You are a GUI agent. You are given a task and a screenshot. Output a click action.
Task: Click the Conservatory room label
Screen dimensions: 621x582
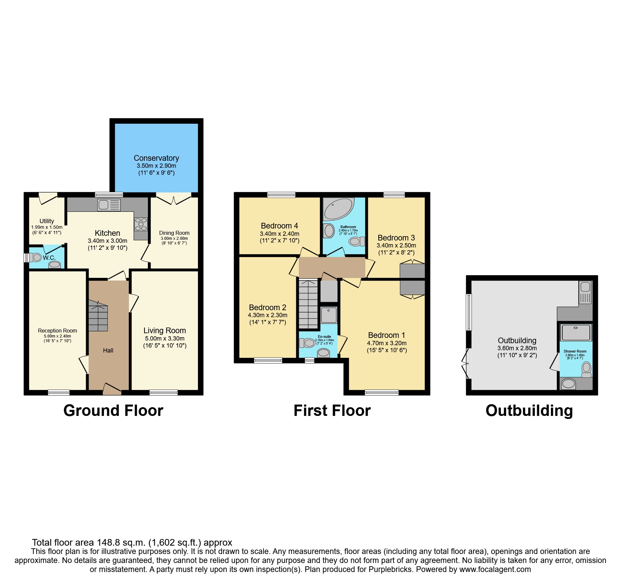point(156,158)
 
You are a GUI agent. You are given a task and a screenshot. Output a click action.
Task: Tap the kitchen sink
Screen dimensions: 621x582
point(109,205)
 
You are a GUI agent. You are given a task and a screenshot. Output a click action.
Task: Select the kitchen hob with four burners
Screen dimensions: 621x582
point(141,224)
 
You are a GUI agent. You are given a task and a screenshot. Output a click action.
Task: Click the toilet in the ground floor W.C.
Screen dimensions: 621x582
point(35,257)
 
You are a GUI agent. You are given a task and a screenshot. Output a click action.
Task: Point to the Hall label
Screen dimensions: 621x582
point(108,351)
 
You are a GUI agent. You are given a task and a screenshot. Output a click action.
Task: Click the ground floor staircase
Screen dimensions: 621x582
point(98,316)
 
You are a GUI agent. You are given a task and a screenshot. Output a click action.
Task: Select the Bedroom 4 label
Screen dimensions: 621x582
point(279,226)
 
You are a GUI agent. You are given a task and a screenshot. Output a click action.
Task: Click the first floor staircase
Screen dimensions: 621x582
point(308,304)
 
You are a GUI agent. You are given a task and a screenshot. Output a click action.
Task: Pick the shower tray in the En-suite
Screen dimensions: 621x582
point(329,315)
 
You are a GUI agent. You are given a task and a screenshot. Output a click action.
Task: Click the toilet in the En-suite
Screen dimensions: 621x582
point(307,343)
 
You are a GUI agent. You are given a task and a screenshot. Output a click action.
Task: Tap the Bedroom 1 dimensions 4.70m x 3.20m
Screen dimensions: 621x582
point(387,343)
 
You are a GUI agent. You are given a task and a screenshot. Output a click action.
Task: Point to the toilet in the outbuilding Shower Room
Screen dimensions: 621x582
point(586,370)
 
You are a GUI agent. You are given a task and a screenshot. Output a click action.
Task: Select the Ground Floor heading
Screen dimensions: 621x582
point(114,411)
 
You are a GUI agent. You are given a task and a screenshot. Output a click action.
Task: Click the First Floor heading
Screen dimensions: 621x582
point(332,411)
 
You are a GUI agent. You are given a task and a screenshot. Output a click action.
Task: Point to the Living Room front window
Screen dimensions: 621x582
point(164,393)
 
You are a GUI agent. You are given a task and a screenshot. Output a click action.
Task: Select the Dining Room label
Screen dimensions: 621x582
point(174,233)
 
